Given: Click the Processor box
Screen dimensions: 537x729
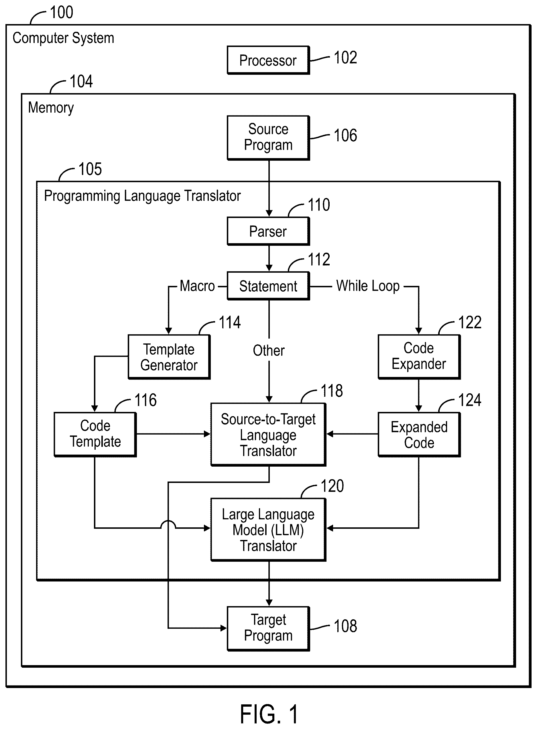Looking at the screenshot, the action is [268, 60].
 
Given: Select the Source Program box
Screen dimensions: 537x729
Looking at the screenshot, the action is [268, 138].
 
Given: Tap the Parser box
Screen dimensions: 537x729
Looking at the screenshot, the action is [268, 231].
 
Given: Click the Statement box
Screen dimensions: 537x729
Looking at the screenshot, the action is [268, 286].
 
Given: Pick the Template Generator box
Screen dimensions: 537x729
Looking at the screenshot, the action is [169, 357].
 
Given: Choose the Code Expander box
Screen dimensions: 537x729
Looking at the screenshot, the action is [419, 357].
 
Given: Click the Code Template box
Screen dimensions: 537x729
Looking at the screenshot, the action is [95, 435].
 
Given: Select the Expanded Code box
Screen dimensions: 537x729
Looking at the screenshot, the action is [419, 435].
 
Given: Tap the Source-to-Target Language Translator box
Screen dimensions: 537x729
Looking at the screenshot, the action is [268, 435].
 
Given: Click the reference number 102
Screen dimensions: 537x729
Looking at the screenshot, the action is [345, 58].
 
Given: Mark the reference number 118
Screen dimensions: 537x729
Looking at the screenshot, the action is [332, 390].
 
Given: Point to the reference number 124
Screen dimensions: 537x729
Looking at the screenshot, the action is [469, 400].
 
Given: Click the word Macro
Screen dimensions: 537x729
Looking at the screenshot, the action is [197, 286].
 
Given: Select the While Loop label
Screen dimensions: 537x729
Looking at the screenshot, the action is [368, 286].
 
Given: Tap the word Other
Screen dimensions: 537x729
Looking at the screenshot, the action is [269, 351].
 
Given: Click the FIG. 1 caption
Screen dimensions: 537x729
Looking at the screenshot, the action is [269, 714].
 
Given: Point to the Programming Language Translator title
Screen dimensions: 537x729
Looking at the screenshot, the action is [142, 196].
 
